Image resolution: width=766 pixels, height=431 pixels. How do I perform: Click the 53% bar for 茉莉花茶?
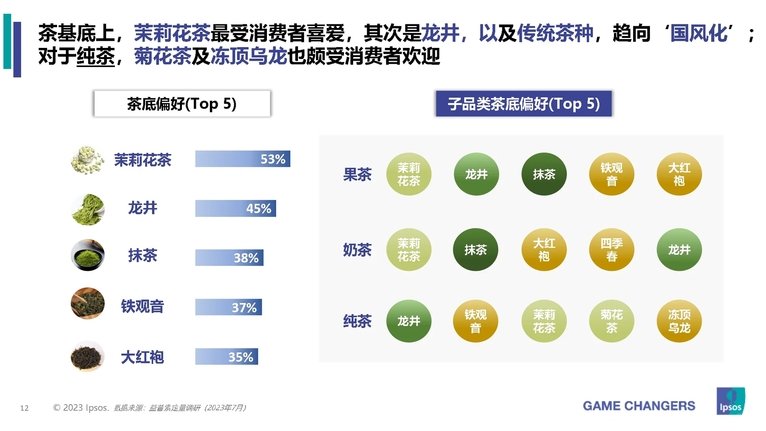(242, 159)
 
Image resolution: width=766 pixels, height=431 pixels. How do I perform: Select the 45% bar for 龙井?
(235, 208)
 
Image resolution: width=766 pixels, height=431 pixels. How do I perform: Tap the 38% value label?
(246, 258)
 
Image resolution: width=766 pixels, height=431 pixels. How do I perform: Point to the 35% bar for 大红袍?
(226, 356)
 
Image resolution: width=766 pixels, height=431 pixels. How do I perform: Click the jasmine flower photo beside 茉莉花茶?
(87, 160)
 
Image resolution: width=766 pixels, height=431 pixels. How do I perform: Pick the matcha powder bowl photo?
(87, 255)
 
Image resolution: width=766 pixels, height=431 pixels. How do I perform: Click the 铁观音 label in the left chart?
(142, 306)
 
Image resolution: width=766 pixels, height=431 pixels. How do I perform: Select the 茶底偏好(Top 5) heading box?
(182, 104)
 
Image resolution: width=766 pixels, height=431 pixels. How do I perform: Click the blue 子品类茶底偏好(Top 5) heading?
(523, 104)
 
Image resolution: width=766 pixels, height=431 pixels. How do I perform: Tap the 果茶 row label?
(357, 174)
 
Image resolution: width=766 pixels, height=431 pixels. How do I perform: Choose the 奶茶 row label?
(357, 250)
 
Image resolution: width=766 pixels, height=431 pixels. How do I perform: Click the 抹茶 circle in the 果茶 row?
(544, 174)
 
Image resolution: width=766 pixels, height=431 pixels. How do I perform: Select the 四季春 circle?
(611, 250)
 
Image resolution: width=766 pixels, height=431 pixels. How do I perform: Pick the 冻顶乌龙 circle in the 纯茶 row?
(679, 321)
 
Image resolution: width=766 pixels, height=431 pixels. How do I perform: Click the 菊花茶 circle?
(611, 321)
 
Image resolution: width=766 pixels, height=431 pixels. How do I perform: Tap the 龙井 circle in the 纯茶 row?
(409, 321)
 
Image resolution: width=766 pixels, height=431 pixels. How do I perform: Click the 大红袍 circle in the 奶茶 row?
(544, 250)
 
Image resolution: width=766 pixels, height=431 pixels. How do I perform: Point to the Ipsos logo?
(730, 401)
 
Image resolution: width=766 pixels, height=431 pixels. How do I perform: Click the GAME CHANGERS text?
(639, 406)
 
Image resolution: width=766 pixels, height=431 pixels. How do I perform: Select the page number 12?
(24, 408)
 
